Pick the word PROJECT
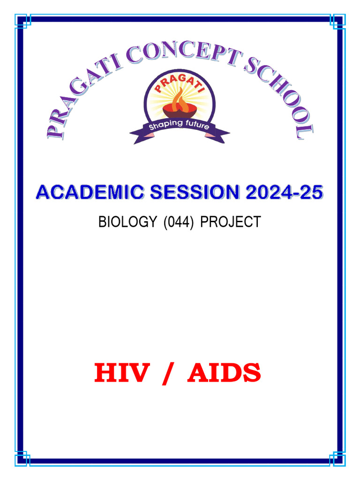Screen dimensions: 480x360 [x=230, y=222]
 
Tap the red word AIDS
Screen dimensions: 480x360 [x=224, y=374]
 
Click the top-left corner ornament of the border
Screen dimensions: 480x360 [x=22, y=21]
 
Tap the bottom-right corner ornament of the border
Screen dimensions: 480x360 [x=338, y=459]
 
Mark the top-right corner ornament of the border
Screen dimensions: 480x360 [x=338, y=21]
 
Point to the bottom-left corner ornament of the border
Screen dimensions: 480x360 [x=22, y=459]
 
